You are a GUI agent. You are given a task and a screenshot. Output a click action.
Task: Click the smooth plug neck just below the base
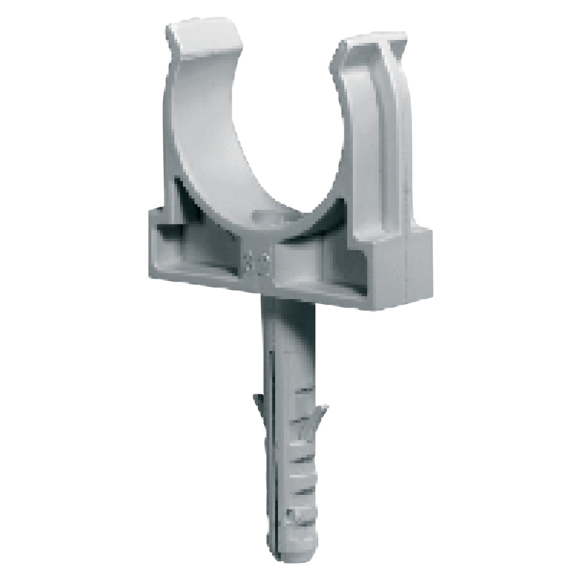pos(286,323)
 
